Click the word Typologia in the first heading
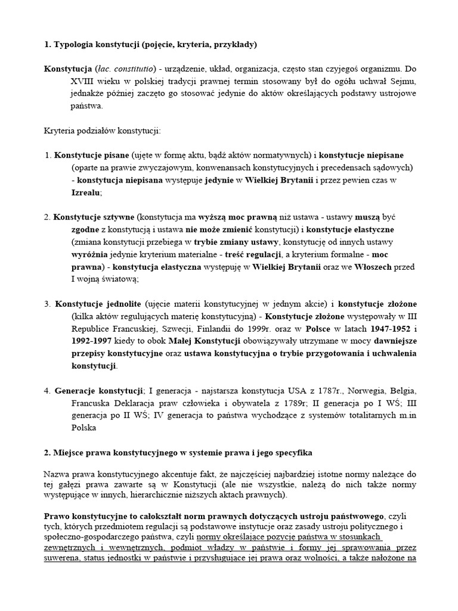pyautogui.click(x=76, y=44)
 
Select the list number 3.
pyautogui.click(x=47, y=304)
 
